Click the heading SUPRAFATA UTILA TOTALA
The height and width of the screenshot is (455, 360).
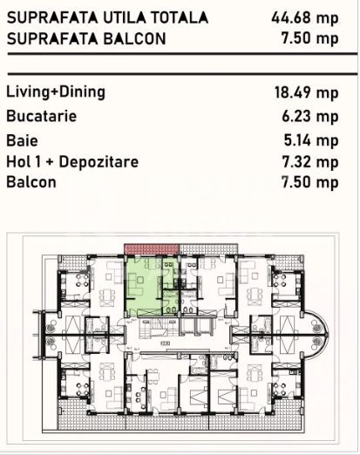107,17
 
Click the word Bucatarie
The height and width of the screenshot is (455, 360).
41,116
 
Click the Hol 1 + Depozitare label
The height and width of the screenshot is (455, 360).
72,161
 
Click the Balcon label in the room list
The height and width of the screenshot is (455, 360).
31,183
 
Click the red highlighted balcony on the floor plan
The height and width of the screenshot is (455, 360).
152,249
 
